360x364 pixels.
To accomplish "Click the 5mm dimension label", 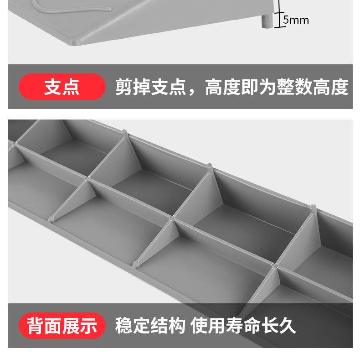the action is tap(296, 20).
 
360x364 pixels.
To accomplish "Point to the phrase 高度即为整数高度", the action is tap(277, 87).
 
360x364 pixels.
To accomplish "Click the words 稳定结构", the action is tap(150, 326).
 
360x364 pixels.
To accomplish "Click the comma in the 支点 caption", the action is tap(193, 91).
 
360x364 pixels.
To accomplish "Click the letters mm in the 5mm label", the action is tap(299, 20).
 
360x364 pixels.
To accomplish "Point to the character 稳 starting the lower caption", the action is tap(123, 326).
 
